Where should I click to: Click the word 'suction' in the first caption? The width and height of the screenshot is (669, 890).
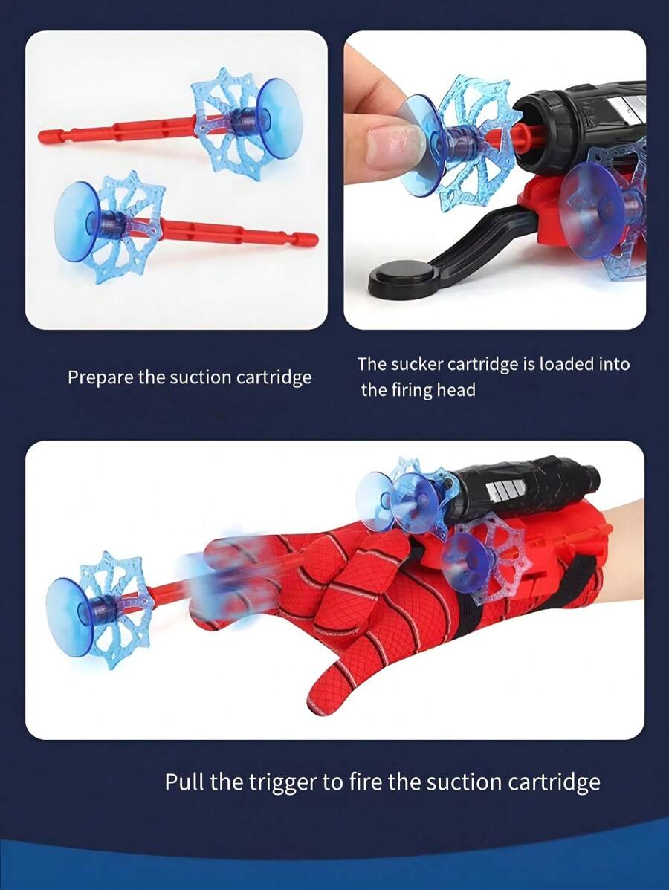[201, 377]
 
